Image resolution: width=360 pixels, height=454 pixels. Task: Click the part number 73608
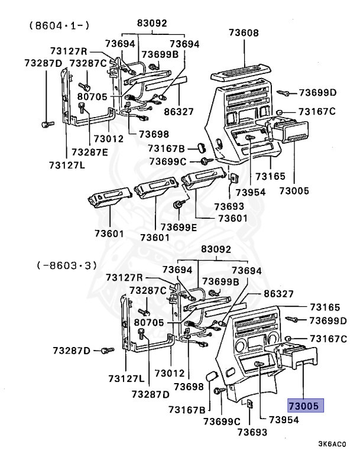[243, 33]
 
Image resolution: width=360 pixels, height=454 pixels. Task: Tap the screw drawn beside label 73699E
[177, 205]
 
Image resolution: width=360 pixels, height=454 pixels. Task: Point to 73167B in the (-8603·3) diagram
[186, 409]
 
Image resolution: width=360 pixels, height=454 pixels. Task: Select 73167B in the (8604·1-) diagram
[167, 148]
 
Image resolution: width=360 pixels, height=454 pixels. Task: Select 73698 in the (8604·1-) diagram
[153, 134]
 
